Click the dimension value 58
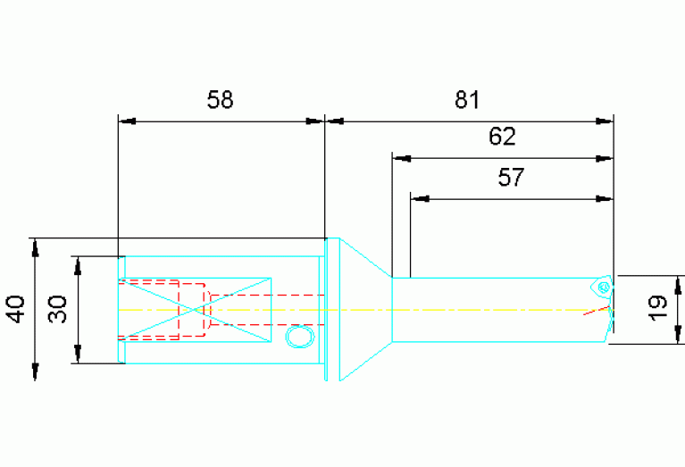click(x=220, y=99)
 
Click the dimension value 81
click(x=467, y=99)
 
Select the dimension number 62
click(x=503, y=137)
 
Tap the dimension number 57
click(x=510, y=177)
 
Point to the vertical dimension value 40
click(x=15, y=310)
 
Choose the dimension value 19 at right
click(x=658, y=309)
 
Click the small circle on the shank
click(x=298, y=336)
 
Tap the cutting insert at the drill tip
click(x=604, y=286)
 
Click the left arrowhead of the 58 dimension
click(x=125, y=120)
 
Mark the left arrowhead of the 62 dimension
click(x=400, y=159)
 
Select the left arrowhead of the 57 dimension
click(x=417, y=198)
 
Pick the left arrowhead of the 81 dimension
click(x=332, y=120)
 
